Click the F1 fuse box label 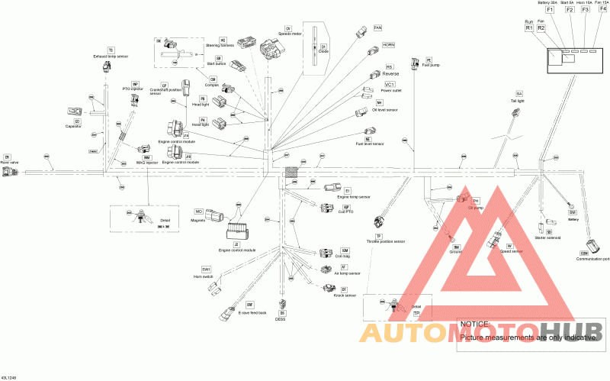[x=550, y=11]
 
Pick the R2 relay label [x=541, y=27]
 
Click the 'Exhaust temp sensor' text [x=111, y=57]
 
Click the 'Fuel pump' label [x=431, y=65]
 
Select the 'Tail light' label [x=518, y=100]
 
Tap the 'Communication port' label [x=592, y=259]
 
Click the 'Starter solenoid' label [x=547, y=237]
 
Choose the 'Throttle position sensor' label [x=386, y=241]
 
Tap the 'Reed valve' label [x=9, y=163]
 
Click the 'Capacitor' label [x=73, y=126]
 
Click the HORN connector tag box [x=389, y=45]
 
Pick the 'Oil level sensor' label [x=384, y=109]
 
